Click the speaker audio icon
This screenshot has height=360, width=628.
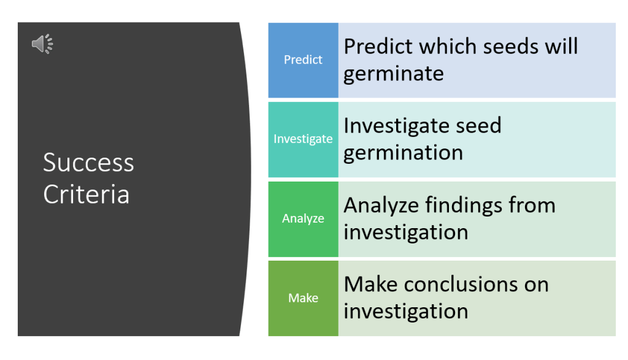pyautogui.click(x=42, y=44)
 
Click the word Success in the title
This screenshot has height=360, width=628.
pyautogui.click(x=88, y=163)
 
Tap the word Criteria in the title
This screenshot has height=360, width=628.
pyautogui.click(x=86, y=194)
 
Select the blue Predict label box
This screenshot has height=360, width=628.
pyautogui.click(x=303, y=60)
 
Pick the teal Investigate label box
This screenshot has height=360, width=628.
pyautogui.click(x=303, y=139)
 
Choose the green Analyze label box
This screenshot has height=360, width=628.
pyautogui.click(x=303, y=219)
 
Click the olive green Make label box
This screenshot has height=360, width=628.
pyautogui.click(x=303, y=298)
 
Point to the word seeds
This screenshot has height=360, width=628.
pyautogui.click(x=511, y=47)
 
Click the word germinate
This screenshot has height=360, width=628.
pyautogui.click(x=394, y=74)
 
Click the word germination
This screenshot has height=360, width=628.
pyautogui.click(x=404, y=153)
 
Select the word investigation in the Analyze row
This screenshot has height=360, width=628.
pyautogui.click(x=406, y=232)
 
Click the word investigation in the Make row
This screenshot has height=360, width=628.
pyautogui.click(x=406, y=311)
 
